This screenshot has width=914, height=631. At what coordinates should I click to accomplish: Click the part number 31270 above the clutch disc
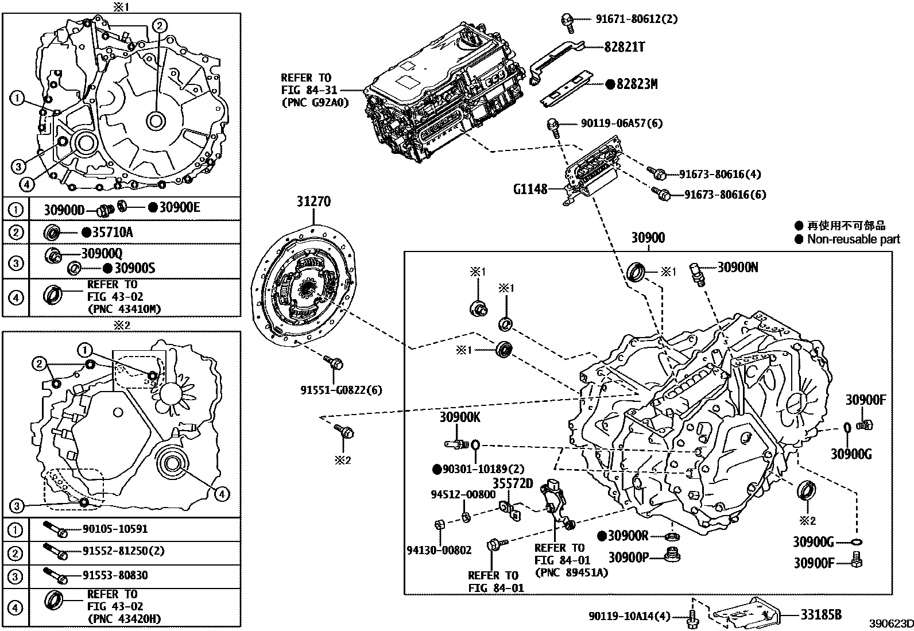point(313,202)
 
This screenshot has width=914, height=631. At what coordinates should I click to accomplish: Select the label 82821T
point(623,47)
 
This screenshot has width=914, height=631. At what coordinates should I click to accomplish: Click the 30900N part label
point(738,267)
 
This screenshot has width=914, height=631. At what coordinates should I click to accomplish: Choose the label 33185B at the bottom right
point(821,614)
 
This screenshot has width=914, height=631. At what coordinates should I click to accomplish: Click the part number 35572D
point(513,483)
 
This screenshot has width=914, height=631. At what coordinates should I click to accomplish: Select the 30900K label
point(460,417)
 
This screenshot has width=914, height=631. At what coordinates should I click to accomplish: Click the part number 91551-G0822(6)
point(341,390)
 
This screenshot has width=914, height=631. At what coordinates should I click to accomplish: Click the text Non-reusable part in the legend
point(853,239)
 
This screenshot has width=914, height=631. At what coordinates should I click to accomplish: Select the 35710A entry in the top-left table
point(113,232)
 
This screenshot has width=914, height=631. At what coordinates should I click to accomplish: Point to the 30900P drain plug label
point(628,558)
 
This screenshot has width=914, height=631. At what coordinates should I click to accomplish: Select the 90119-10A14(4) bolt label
point(629,616)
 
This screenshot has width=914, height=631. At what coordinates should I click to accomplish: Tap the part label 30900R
point(628,536)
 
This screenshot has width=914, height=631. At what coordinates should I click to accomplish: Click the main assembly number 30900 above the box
point(648,238)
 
